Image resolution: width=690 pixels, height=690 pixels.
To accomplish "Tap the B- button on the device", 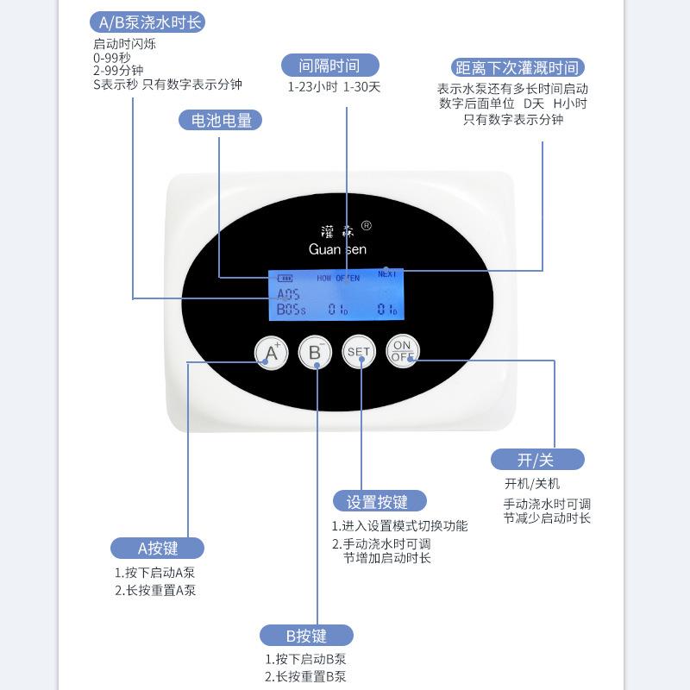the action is coord(315,352).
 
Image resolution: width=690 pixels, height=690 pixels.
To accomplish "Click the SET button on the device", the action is coord(358,351).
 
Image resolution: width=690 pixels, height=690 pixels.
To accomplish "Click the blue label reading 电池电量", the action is coord(221,121).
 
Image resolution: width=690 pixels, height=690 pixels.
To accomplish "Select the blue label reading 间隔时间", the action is coord(329,65).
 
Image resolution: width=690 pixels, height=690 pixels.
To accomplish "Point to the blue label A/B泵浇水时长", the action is coord(150,22).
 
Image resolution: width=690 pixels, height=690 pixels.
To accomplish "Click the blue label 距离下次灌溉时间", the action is coord(517,67).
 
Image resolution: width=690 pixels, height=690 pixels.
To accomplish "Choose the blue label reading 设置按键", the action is coord(379,501).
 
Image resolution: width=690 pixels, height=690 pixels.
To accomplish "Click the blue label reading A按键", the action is coord(158,548).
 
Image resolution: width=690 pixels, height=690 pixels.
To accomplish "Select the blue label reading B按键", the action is coord(306,637).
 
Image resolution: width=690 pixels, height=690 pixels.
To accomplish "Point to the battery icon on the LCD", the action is coord(285,279).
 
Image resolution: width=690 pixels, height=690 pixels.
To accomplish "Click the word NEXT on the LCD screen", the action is coord(387,273).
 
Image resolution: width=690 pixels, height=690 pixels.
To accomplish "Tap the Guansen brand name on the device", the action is coord(337,249).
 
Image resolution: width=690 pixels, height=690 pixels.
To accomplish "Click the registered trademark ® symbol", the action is coord(366,226).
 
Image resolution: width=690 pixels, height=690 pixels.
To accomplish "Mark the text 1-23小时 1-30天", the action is coord(334,87).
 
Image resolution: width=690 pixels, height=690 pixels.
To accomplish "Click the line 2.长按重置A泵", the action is coord(155,591).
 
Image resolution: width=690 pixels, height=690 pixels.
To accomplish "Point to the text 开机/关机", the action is coord(531,484).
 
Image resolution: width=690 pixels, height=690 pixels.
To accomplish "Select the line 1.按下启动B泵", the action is coord(305,660).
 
